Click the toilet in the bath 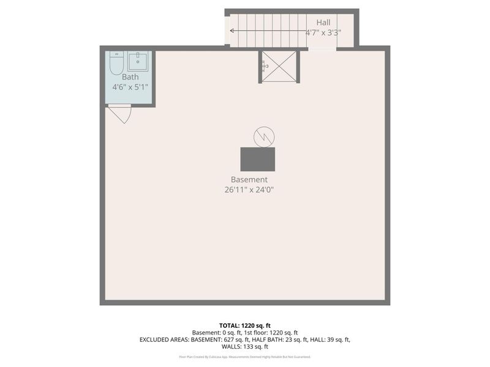pos(116,62)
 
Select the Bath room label pos(130,77)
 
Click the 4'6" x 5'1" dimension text pos(130,87)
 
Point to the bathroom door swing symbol pos(120,113)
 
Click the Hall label pos(323,23)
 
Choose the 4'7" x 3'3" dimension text pos(323,32)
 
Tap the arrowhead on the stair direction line pos(232,30)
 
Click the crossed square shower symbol pos(279,66)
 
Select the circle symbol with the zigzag pos(264,137)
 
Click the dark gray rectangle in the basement pos(257,159)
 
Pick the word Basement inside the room pos(249,180)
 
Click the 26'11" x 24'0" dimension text pos(249,190)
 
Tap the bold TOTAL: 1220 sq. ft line pos(245,325)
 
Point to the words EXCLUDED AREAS pos(164,339)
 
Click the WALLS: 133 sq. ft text pos(245,347)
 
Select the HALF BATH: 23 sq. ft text pos(269,339)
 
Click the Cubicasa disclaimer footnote pos(245,357)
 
